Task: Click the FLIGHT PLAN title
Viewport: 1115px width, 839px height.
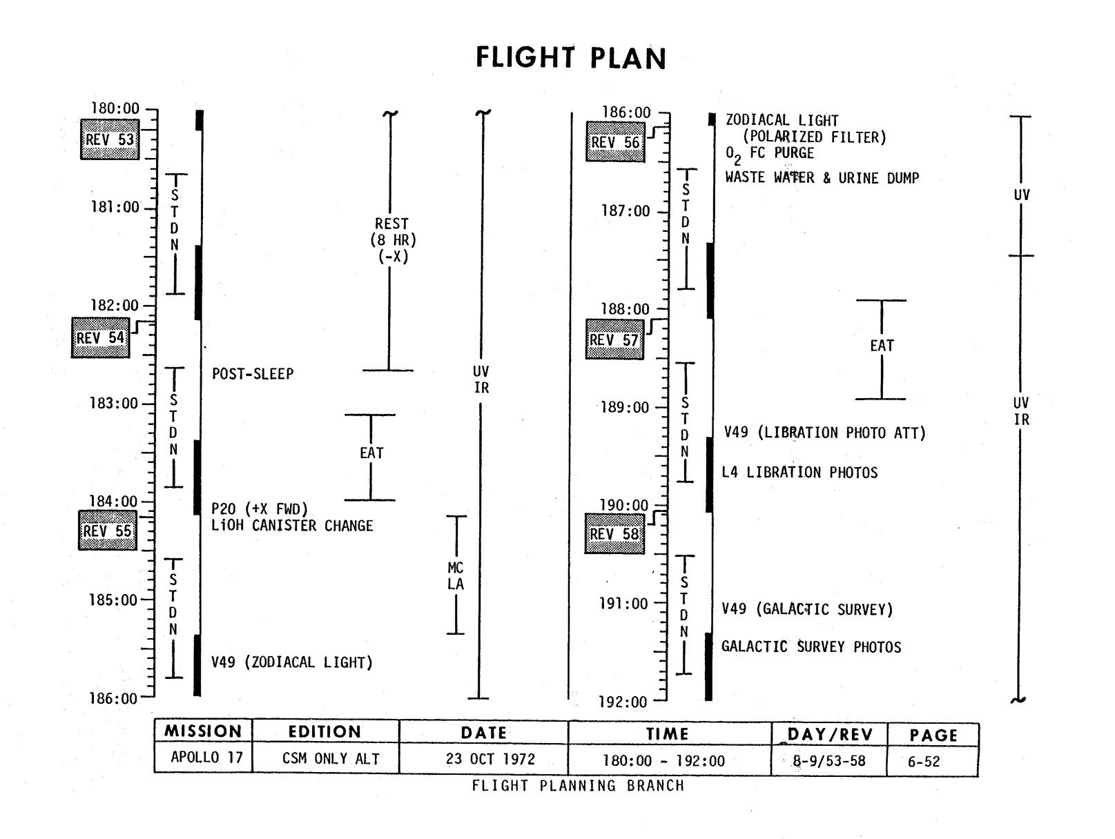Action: pyautogui.click(x=571, y=58)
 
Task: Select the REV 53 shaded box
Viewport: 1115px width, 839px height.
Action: pyautogui.click(x=110, y=139)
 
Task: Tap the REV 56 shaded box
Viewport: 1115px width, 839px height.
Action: pyautogui.click(x=615, y=142)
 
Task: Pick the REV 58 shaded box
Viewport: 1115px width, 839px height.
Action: pyautogui.click(x=614, y=534)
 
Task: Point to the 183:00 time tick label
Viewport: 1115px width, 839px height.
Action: pyautogui.click(x=114, y=403)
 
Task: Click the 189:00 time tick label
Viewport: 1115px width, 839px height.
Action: pyautogui.click(x=625, y=407)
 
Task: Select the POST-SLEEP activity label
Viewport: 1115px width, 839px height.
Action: pyautogui.click(x=253, y=374)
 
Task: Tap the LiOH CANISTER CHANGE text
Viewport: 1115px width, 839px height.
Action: pyautogui.click(x=292, y=526)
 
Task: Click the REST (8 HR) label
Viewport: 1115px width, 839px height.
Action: pyautogui.click(x=393, y=240)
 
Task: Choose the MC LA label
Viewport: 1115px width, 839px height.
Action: pyautogui.click(x=456, y=576)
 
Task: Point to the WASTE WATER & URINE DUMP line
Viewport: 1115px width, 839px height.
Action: pyautogui.click(x=822, y=178)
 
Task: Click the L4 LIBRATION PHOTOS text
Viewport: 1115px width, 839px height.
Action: pyautogui.click(x=799, y=473)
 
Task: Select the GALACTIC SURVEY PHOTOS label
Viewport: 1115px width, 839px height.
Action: pyautogui.click(x=811, y=647)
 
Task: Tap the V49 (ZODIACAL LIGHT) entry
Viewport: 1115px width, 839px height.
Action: pyautogui.click(x=292, y=662)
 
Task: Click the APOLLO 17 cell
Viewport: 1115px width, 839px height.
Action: pyautogui.click(x=206, y=758)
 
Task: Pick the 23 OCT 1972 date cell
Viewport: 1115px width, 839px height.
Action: pyautogui.click(x=490, y=759)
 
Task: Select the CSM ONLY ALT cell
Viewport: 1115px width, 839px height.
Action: pyautogui.click(x=331, y=759)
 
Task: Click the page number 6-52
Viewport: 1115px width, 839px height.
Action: pyautogui.click(x=924, y=762)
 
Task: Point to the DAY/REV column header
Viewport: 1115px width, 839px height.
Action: pyautogui.click(x=830, y=735)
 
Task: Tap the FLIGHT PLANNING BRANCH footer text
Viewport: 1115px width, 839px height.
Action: pyautogui.click(x=578, y=786)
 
